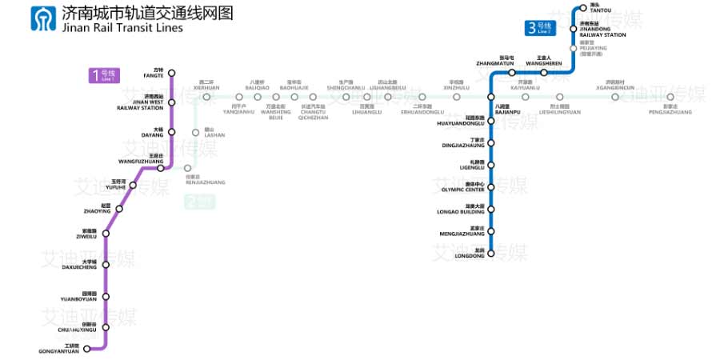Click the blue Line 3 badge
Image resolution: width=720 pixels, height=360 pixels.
pyautogui.click(x=540, y=29)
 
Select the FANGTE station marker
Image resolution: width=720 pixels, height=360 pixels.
pyautogui.click(x=170, y=73)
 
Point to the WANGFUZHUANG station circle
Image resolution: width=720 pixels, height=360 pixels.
pyautogui.click(x=161, y=168)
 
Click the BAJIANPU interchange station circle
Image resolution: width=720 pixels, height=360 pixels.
pyautogui.click(x=492, y=97)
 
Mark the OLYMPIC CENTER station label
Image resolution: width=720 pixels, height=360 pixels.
pyautogui.click(x=462, y=188)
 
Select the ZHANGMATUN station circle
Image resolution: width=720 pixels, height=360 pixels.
pyautogui.click(x=512, y=73)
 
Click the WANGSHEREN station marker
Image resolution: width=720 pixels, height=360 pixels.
pyautogui.click(x=544, y=73)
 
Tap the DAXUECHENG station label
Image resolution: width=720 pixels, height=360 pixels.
pyautogui.click(x=78, y=265)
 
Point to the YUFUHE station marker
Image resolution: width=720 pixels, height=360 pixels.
pyautogui.click(x=134, y=186)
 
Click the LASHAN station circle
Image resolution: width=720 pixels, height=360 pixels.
pyautogui.click(x=195, y=133)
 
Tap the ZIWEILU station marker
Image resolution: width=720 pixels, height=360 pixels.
pyautogui.click(x=106, y=234)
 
